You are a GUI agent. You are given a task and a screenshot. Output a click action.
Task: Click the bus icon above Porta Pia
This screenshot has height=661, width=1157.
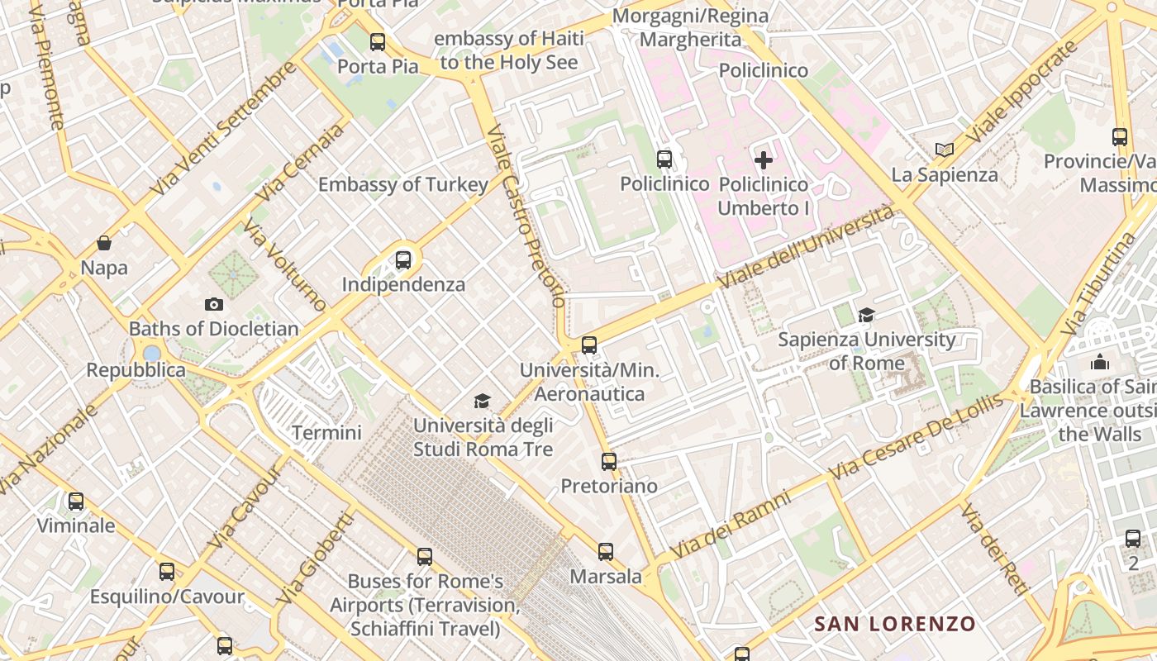(x=378, y=41)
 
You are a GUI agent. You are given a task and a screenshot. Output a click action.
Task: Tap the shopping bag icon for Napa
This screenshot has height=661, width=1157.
(x=104, y=243)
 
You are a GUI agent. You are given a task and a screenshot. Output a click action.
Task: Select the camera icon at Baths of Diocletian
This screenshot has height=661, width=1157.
(x=214, y=304)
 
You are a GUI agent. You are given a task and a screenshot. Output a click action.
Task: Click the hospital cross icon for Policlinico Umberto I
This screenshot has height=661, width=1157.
(x=764, y=159)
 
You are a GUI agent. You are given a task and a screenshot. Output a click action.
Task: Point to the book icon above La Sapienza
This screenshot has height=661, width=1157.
(x=945, y=150)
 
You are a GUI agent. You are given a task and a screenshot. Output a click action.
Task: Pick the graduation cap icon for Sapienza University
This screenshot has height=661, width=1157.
(x=866, y=315)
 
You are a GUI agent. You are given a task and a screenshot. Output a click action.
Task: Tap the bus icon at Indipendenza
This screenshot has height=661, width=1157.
(x=403, y=259)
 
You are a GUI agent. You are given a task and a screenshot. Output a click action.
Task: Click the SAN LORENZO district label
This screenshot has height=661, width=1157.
(x=895, y=624)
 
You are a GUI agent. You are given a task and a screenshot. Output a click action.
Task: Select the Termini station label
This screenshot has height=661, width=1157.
(x=326, y=432)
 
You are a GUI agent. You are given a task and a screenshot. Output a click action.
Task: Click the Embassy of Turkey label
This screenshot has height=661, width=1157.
(x=403, y=184)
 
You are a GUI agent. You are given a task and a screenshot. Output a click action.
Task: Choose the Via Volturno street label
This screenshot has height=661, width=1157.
(x=285, y=264)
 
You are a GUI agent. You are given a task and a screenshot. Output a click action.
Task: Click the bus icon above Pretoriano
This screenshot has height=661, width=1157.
(x=609, y=461)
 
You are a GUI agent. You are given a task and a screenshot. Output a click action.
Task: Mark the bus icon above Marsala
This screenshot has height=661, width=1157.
(x=606, y=551)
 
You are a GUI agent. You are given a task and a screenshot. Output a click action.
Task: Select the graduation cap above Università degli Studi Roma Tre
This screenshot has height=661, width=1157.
(x=482, y=401)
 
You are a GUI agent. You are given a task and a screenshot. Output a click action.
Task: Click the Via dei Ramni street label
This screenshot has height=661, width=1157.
(x=730, y=525)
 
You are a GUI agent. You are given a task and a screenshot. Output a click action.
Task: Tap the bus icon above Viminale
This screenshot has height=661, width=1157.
(x=76, y=501)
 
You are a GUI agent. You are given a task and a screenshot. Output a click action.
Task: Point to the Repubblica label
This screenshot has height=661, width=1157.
(x=136, y=369)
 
